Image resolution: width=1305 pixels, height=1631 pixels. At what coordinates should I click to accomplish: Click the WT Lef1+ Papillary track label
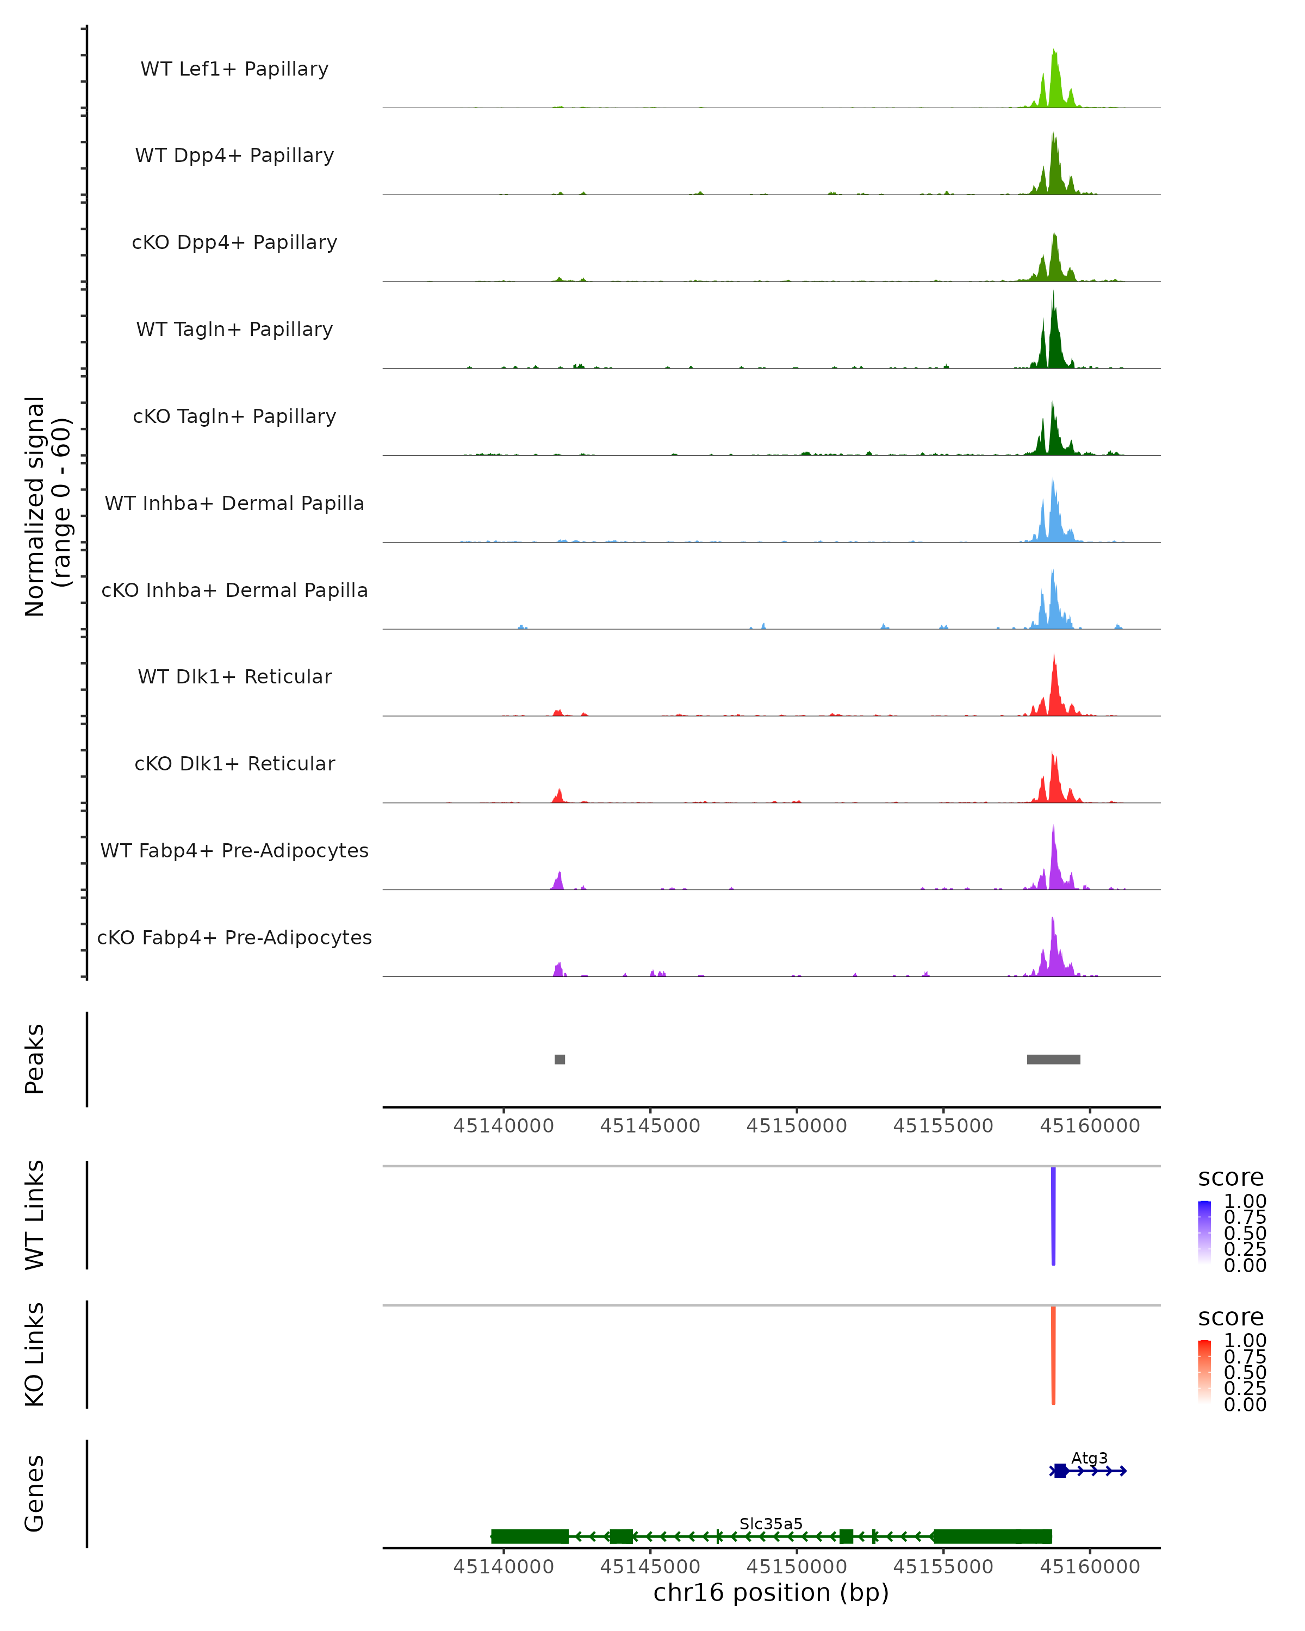234,69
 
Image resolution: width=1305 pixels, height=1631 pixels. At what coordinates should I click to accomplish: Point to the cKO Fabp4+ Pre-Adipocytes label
234,937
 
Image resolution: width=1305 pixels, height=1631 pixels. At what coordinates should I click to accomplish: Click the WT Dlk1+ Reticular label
234,676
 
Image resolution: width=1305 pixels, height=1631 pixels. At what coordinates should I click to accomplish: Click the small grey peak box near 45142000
560,1059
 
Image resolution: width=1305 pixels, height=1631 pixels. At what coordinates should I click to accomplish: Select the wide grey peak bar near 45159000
1053,1059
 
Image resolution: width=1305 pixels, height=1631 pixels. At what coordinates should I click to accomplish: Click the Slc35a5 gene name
771,1523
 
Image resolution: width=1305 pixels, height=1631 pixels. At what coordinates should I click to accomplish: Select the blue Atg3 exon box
1061,1471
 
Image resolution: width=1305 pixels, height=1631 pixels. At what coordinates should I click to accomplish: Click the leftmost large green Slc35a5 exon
530,1536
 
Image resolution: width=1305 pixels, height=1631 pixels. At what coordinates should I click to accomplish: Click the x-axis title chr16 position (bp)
771,1593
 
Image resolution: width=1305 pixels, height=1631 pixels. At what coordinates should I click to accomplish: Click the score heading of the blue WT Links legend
1231,1178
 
